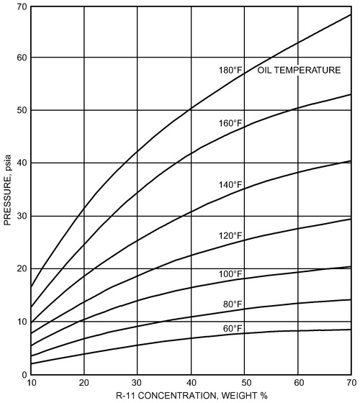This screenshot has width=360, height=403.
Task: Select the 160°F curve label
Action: [230, 123]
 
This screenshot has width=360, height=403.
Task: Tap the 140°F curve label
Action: [230, 185]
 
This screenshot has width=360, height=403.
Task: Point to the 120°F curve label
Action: [230, 235]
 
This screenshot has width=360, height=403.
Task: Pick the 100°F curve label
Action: [230, 273]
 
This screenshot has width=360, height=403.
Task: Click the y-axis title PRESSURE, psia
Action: [9, 191]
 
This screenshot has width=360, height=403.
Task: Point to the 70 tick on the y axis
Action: [22, 6]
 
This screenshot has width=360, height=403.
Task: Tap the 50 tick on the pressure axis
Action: [22, 111]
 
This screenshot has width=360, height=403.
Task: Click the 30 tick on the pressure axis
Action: [22, 216]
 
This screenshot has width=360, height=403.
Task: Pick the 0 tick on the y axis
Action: [24, 374]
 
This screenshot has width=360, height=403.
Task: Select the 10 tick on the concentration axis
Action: [31, 383]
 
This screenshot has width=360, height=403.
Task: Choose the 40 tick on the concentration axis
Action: [191, 383]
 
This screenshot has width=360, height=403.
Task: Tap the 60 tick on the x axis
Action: [297, 383]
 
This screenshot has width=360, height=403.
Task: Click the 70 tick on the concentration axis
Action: [351, 383]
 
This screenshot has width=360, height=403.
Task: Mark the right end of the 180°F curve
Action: [351, 14]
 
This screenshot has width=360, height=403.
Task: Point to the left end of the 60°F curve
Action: [31, 363]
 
